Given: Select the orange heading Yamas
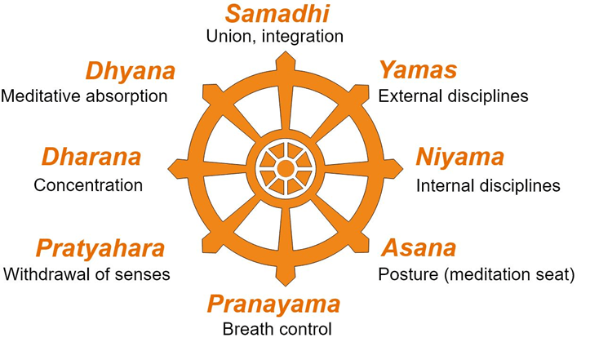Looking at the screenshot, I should click(417, 71).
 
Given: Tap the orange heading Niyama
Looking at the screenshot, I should click(460, 157).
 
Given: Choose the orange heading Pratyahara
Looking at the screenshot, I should click(100, 248).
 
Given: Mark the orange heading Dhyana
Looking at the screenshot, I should click(131, 71).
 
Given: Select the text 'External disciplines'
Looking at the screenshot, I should click(453, 96).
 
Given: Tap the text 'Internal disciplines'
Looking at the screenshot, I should click(488, 185).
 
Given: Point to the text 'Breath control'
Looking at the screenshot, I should click(277, 330).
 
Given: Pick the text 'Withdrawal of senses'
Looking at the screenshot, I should click(87, 273).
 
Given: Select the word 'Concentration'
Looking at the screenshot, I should click(88, 185).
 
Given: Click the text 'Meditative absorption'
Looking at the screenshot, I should click(84, 96).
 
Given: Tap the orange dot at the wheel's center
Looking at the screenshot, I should click(285, 168).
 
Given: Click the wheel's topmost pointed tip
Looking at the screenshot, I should click(285, 52).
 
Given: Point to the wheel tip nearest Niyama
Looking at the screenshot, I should click(401, 168).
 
